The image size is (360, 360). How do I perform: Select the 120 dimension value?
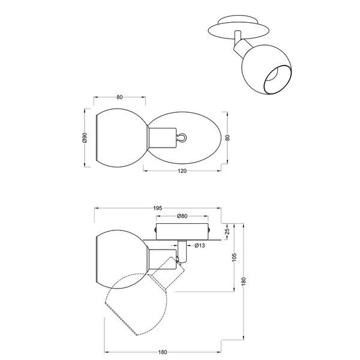(183, 172)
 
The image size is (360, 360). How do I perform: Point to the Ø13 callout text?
(200, 245)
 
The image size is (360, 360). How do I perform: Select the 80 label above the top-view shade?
(120, 97)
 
